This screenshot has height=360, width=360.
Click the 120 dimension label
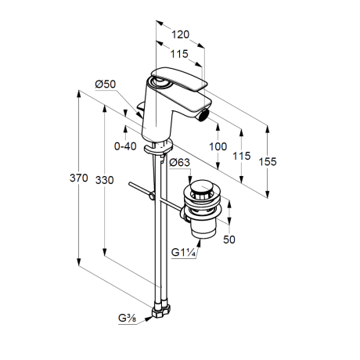(x=180, y=34)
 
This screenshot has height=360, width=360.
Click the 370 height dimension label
(x=79, y=178)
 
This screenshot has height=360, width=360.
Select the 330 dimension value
(x=104, y=180)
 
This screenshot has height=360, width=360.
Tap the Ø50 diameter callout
(x=106, y=84)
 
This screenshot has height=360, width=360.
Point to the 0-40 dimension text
(x=125, y=146)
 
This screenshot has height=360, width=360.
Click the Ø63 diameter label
(x=179, y=162)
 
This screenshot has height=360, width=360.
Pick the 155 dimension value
(x=268, y=162)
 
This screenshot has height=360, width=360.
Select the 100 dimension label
(x=218, y=146)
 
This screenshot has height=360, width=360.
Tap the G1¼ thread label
(x=183, y=253)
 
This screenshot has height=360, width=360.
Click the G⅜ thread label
(x=127, y=318)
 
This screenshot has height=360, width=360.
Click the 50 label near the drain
(x=229, y=239)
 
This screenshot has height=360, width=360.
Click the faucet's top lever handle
(x=179, y=79)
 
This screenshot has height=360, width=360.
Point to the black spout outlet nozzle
(x=203, y=116)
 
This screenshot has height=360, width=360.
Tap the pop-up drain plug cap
(x=200, y=188)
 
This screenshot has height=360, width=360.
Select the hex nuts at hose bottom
(x=161, y=310)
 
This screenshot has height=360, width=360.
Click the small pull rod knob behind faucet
(x=141, y=107)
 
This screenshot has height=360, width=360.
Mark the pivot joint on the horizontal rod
(x=152, y=195)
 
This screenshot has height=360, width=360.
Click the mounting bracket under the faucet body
(x=158, y=147)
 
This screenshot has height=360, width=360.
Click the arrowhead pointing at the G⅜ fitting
(x=149, y=319)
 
